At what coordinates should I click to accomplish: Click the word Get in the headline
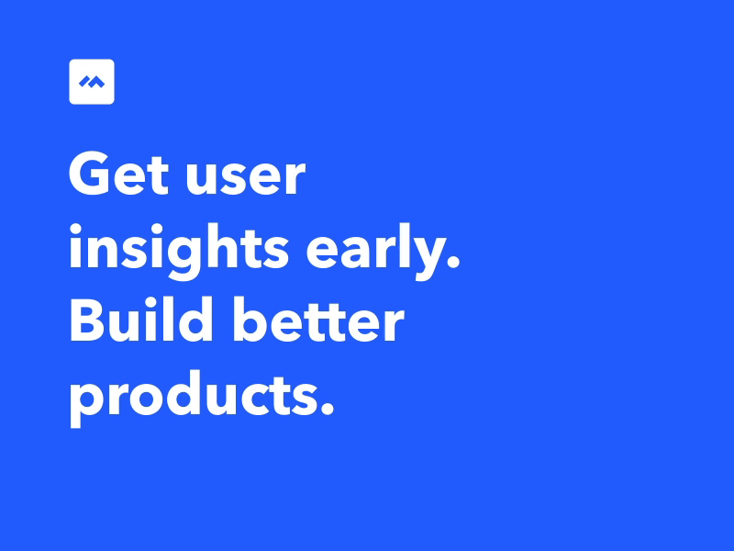coord(118,174)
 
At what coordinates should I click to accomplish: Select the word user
coord(245,177)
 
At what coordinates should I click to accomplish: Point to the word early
coord(383,252)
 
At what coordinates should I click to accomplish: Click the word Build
coord(141,320)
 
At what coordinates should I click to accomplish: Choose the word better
coord(317,320)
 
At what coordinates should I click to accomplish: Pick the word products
coord(202,399)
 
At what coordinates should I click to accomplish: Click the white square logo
coord(92,82)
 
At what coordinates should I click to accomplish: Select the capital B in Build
coord(86,320)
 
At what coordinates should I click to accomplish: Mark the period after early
coord(452,261)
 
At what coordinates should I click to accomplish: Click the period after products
coord(327,408)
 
